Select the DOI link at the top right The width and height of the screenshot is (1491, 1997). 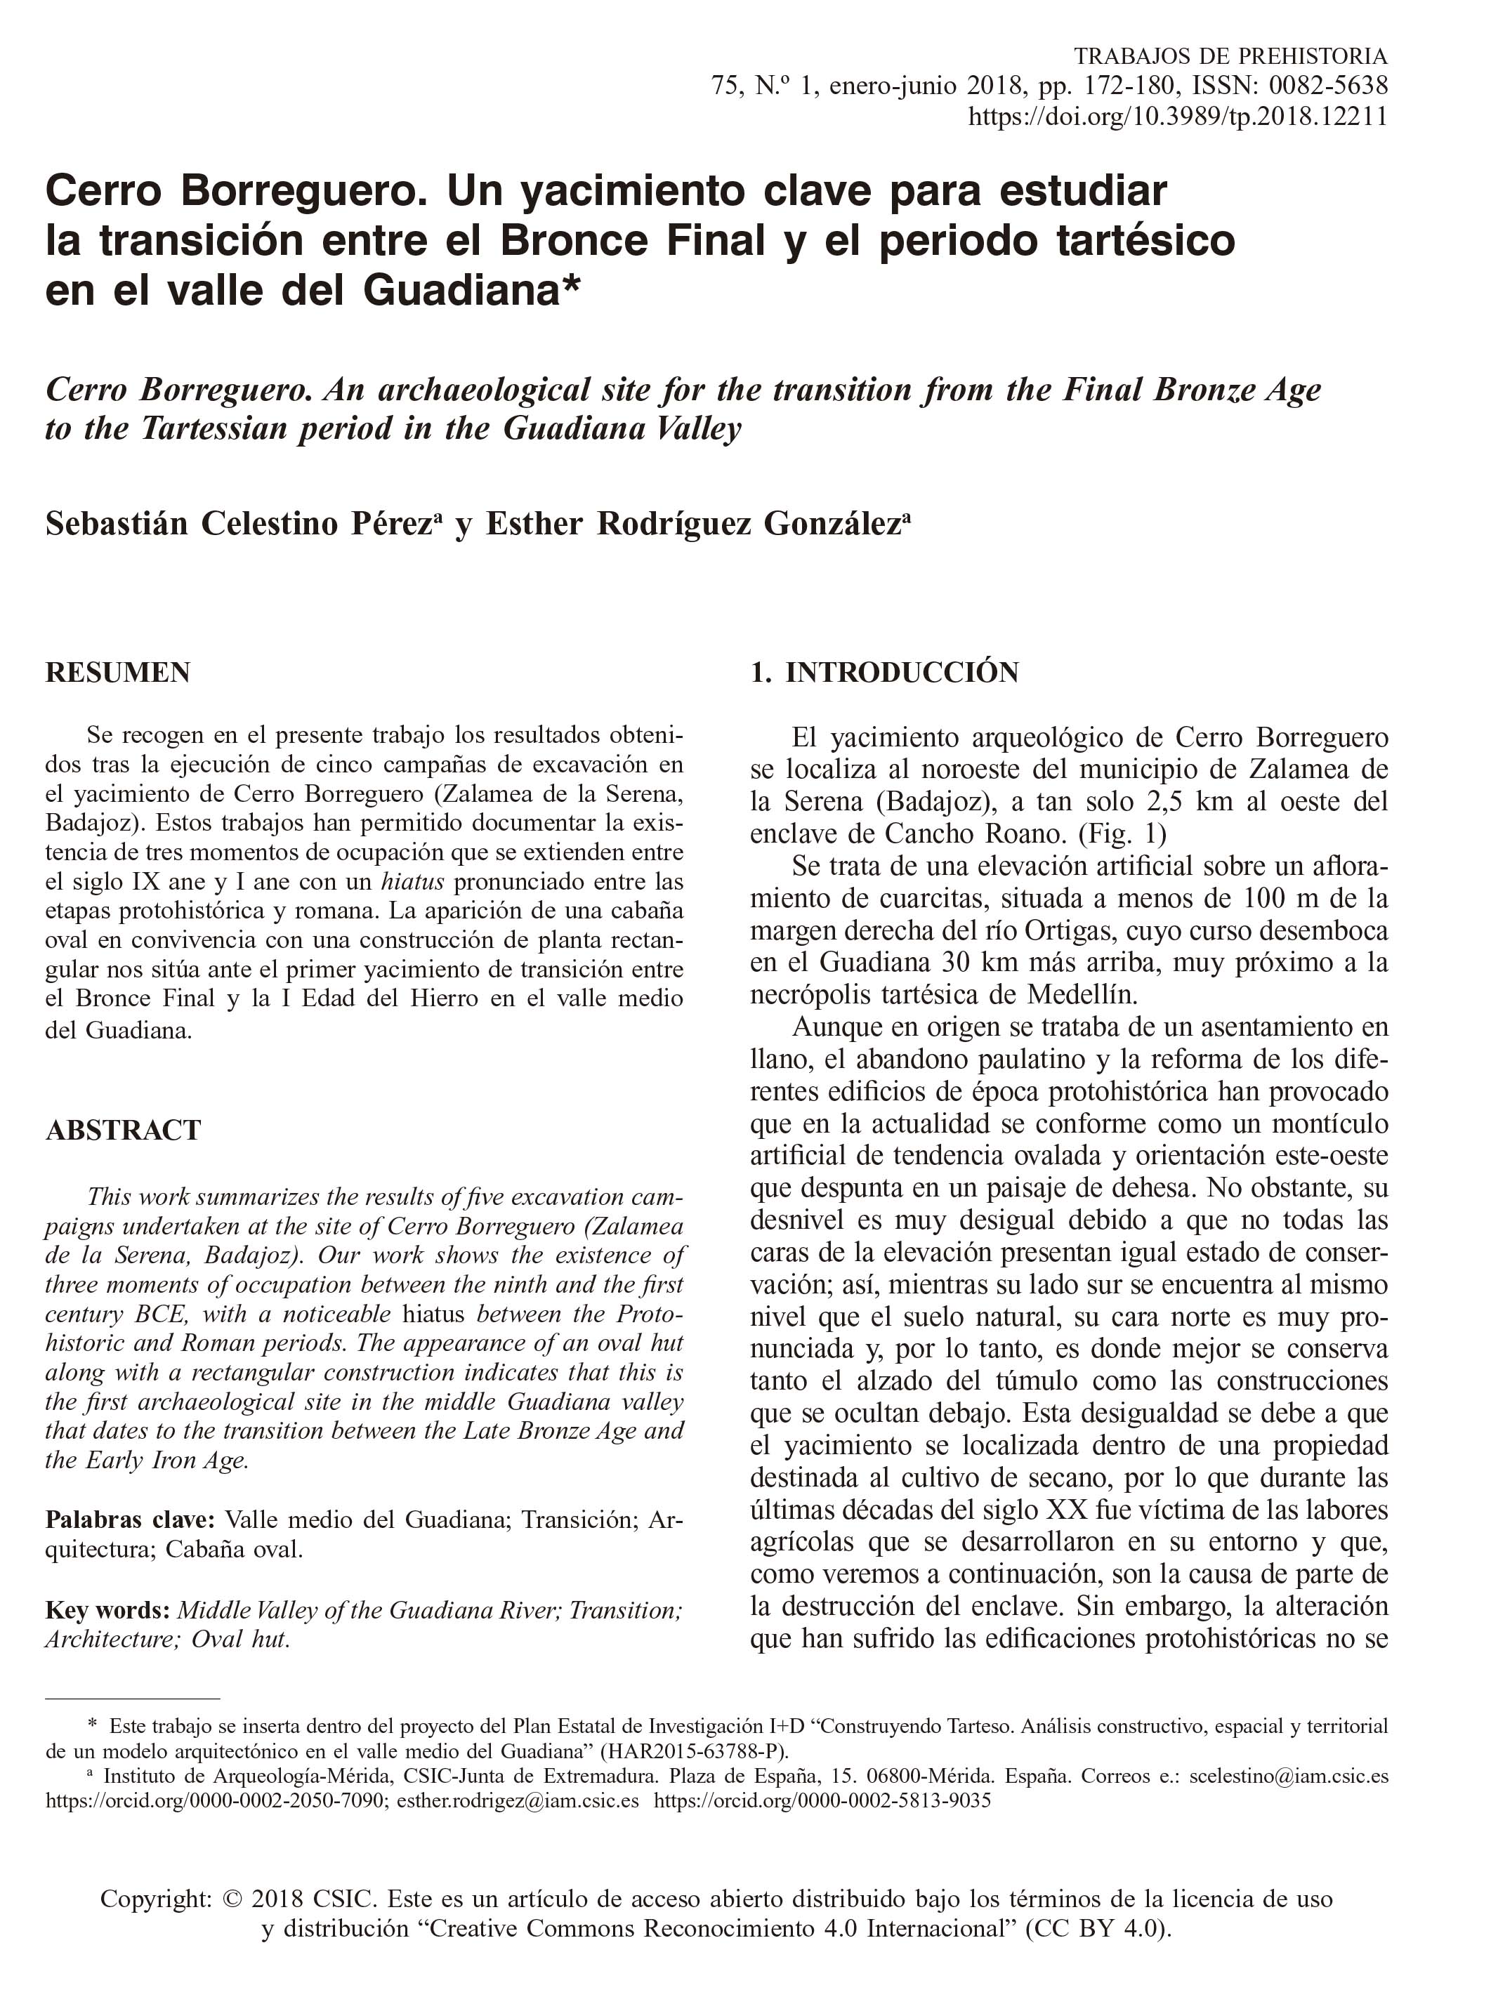pos(1178,117)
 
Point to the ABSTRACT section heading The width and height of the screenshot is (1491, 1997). pos(123,1130)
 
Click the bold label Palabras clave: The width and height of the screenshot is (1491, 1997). pos(130,1520)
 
